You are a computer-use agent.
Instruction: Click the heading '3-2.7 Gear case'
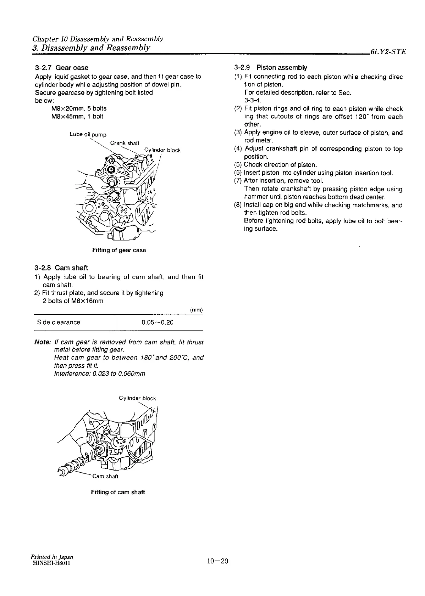click(x=62, y=68)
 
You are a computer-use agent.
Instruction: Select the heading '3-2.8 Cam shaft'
click(x=61, y=268)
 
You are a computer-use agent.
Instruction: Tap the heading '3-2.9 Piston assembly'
click(x=271, y=68)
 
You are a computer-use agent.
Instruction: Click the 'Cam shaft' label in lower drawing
click(x=105, y=476)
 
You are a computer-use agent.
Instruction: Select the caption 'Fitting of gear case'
click(x=119, y=250)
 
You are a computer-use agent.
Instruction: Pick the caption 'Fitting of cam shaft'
click(x=118, y=492)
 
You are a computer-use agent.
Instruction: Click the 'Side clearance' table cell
click(x=59, y=322)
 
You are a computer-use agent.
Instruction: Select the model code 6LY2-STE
click(x=387, y=52)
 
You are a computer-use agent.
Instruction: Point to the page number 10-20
click(x=217, y=561)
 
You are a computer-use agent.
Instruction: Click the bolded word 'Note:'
click(x=42, y=342)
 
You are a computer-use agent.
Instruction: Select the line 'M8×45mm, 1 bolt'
click(x=77, y=116)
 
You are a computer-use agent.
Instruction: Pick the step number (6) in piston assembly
click(x=238, y=173)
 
